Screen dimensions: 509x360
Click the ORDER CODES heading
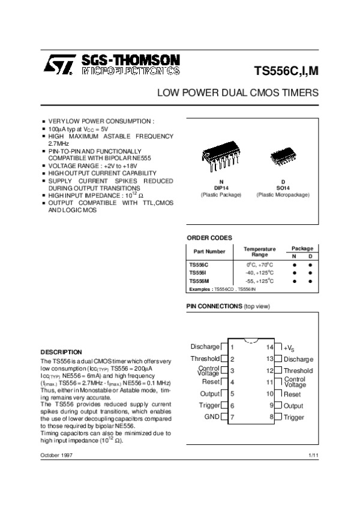pyautogui.click(x=209, y=238)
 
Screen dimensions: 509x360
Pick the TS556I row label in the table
pyautogui.click(x=198, y=272)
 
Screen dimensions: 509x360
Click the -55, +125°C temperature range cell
pyautogui.click(x=259, y=281)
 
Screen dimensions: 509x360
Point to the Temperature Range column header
pyautogui.click(x=259, y=252)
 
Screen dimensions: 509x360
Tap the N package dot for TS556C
pyautogui.click(x=295, y=264)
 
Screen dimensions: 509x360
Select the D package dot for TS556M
pyautogui.click(x=311, y=281)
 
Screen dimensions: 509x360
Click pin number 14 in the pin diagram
pyautogui.click(x=270, y=347)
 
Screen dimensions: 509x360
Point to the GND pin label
pyautogui.click(x=212, y=417)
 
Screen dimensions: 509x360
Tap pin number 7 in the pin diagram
pyautogui.click(x=232, y=417)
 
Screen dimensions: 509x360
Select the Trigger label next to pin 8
pyautogui.click(x=294, y=417)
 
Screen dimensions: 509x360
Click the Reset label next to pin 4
pyautogui.click(x=211, y=382)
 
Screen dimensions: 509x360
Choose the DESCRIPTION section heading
pyautogui.click(x=61, y=351)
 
